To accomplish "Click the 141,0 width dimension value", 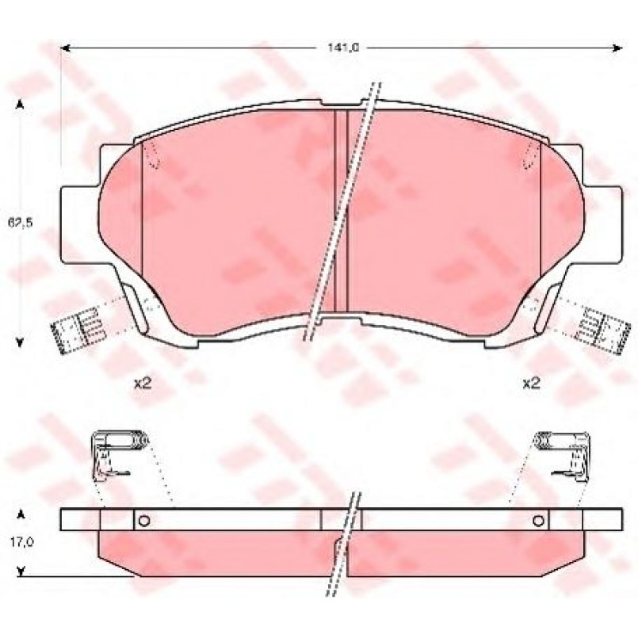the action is click(343, 48).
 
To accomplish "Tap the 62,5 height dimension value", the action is click(20, 223).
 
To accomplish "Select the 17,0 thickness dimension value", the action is click(22, 542).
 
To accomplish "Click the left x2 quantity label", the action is click(143, 383).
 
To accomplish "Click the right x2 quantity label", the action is click(531, 383).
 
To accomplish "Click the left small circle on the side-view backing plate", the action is click(144, 521).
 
